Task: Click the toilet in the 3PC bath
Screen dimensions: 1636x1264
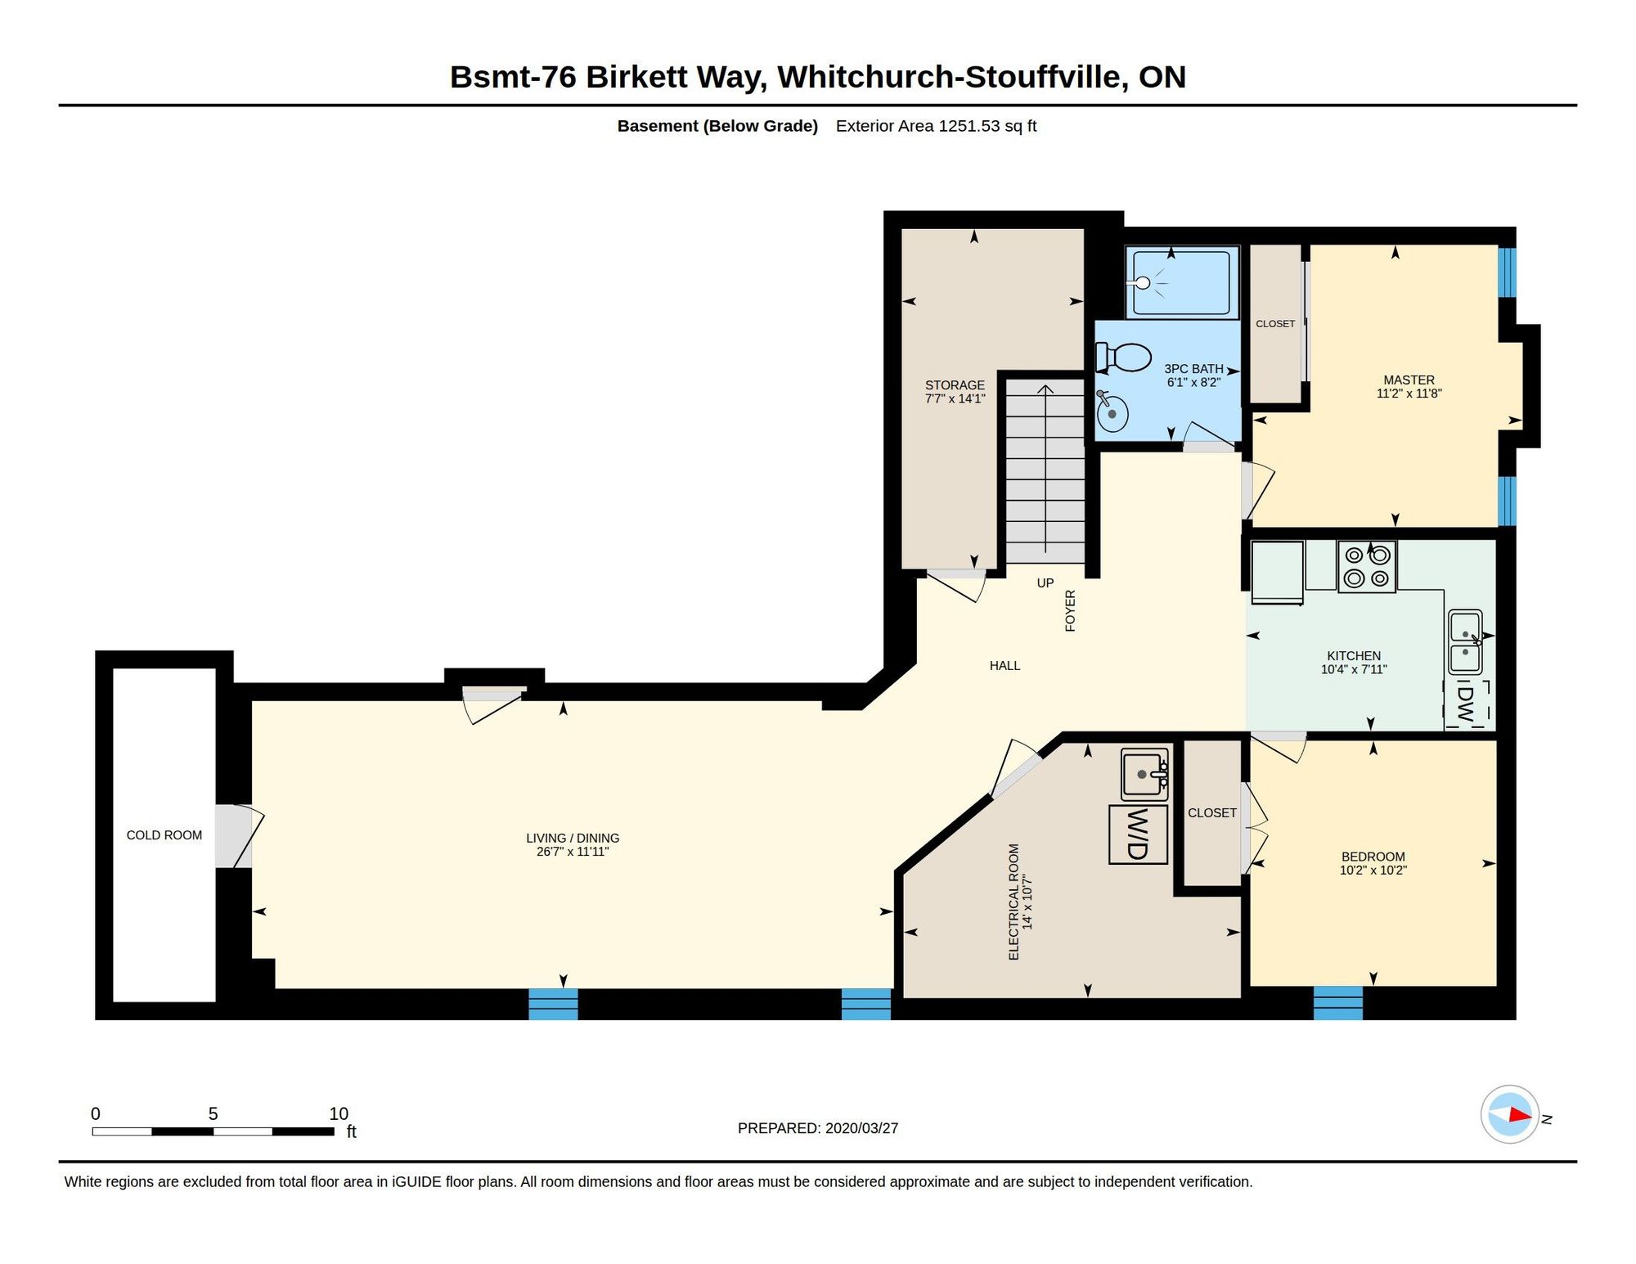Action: pyautogui.click(x=1124, y=357)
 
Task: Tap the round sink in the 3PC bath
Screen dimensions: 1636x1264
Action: pyautogui.click(x=1112, y=411)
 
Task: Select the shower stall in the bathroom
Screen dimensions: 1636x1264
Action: pyautogui.click(x=1182, y=282)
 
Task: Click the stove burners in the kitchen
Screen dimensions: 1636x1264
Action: pyautogui.click(x=1367, y=566)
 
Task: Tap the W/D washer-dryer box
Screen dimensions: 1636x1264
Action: pyautogui.click(x=1138, y=834)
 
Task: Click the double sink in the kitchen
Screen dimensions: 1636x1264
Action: pyautogui.click(x=1465, y=642)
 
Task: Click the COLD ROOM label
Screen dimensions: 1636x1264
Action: pyautogui.click(x=164, y=835)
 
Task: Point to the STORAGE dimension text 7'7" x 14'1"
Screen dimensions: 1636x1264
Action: pyautogui.click(x=955, y=399)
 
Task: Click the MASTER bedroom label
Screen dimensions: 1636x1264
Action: pyautogui.click(x=1409, y=380)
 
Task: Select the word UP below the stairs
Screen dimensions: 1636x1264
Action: pyautogui.click(x=1045, y=583)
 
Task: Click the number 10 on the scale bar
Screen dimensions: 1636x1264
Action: pyautogui.click(x=339, y=1113)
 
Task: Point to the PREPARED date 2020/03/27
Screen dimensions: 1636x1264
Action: pyautogui.click(x=861, y=1128)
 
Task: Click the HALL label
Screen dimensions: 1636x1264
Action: pyautogui.click(x=1005, y=666)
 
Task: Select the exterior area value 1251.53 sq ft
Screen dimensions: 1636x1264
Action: pyautogui.click(x=987, y=126)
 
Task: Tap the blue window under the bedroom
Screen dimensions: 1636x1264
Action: pyautogui.click(x=1338, y=1003)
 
